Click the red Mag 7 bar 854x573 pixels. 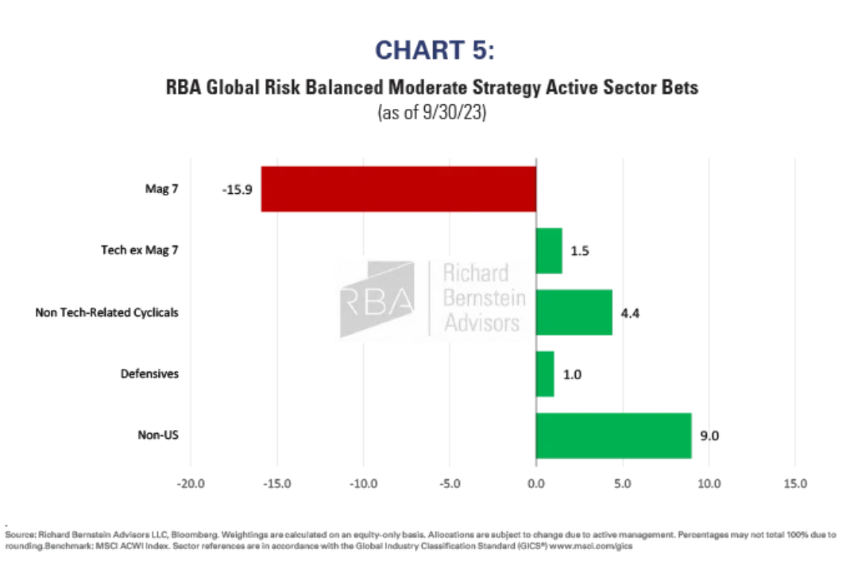point(398,189)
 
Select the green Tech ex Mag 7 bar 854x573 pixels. point(549,251)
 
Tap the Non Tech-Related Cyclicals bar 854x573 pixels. point(574,312)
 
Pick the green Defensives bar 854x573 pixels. point(545,374)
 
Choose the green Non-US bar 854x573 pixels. point(613,435)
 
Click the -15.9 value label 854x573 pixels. point(236,190)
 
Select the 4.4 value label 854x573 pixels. point(631,312)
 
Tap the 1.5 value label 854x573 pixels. point(581,251)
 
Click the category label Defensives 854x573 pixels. point(149,374)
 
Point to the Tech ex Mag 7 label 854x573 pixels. point(140,251)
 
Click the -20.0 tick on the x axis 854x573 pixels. point(191,483)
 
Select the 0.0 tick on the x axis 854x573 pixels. point(536,483)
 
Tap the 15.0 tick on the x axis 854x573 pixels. point(795,483)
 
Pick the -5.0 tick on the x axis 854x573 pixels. point(450,483)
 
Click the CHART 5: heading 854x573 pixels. point(435,50)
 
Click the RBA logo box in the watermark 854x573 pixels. point(377,298)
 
